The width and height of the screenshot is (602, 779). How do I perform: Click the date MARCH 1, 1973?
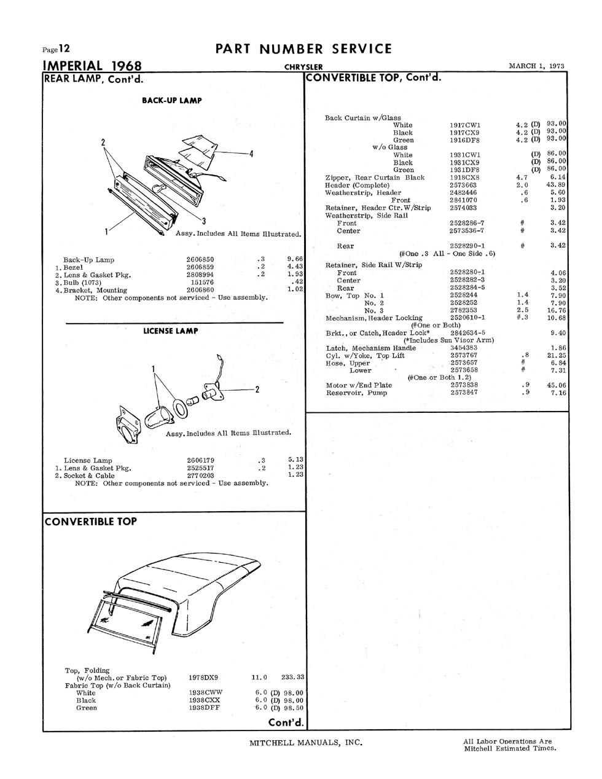(536, 66)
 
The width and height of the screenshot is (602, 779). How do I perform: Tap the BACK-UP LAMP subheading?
(171, 100)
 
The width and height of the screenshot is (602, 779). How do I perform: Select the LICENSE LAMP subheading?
(171, 331)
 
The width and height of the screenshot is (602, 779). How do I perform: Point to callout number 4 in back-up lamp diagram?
(251, 154)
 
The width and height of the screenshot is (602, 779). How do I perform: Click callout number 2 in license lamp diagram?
(257, 389)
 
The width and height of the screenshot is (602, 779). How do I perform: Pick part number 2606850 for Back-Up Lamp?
(200, 259)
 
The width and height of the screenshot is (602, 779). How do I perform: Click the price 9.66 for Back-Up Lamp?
(295, 259)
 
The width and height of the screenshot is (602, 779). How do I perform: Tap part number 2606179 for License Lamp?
(201, 460)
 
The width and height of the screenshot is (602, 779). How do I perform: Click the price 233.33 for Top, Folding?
(292, 677)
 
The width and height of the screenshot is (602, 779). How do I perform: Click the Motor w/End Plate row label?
(359, 385)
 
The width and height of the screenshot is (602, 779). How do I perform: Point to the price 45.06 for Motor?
(557, 385)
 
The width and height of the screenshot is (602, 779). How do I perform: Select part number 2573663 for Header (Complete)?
(463, 185)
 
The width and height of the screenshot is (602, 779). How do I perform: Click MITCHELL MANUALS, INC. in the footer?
(306, 742)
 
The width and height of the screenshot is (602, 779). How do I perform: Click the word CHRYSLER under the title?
(303, 67)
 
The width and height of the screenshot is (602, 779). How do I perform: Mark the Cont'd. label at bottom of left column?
(286, 722)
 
